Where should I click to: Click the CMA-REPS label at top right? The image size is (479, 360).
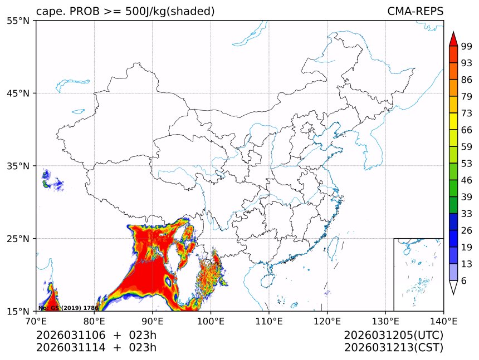click(415, 11)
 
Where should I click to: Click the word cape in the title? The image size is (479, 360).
click(47, 12)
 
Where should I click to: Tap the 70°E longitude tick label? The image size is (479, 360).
click(36, 320)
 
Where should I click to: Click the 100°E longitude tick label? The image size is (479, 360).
click(211, 320)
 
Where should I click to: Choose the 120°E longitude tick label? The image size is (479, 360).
click(327, 320)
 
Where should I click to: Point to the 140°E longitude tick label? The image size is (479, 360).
click(443, 320)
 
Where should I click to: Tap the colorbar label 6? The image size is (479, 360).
click(463, 281)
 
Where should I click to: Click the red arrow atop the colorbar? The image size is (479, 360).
click(453, 38)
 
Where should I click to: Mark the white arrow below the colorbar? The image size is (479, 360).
click(453, 287)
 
